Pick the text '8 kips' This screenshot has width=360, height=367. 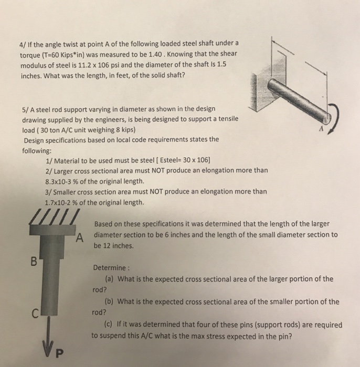point(122,129)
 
